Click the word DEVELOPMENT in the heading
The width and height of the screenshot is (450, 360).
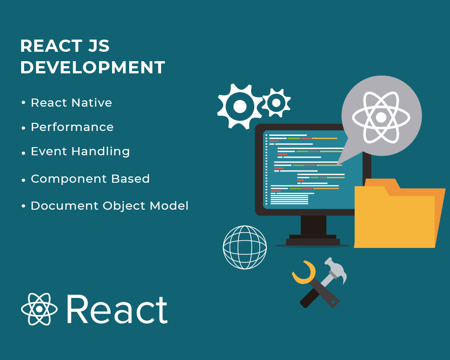(92, 67)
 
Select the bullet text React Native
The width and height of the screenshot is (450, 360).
(72, 103)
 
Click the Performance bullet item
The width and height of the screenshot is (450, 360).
(72, 127)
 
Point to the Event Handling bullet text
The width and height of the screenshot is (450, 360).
(81, 152)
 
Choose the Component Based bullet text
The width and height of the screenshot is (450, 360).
(90, 179)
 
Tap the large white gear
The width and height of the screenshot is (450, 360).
(240, 106)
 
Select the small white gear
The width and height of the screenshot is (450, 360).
(276, 103)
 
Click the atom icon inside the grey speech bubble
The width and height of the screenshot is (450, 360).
(381, 117)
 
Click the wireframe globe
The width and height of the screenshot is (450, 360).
(245, 247)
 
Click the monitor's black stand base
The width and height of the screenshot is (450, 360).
(313, 241)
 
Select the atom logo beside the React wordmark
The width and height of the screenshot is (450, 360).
(39, 309)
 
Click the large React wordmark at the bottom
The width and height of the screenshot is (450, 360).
(117, 310)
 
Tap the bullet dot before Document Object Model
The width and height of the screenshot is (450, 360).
(23, 206)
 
